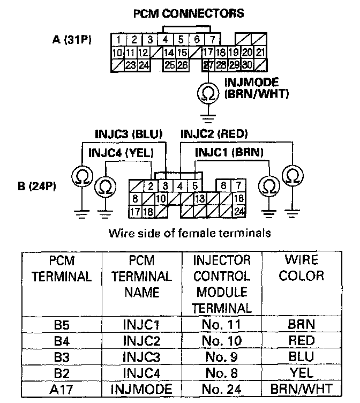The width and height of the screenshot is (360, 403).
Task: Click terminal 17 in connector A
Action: click(207, 53)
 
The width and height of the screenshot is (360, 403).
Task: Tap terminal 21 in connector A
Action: click(260, 53)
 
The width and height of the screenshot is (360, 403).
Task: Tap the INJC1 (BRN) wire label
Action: click(229, 153)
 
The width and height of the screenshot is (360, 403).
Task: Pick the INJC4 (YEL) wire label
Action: click(121, 153)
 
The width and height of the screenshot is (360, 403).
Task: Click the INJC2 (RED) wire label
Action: click(214, 134)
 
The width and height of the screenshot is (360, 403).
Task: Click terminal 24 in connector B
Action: click(239, 211)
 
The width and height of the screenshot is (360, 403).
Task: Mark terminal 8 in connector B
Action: click(136, 199)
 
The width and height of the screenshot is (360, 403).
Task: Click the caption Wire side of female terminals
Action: click(180, 234)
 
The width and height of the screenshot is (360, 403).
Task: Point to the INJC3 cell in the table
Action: click(141, 356)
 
